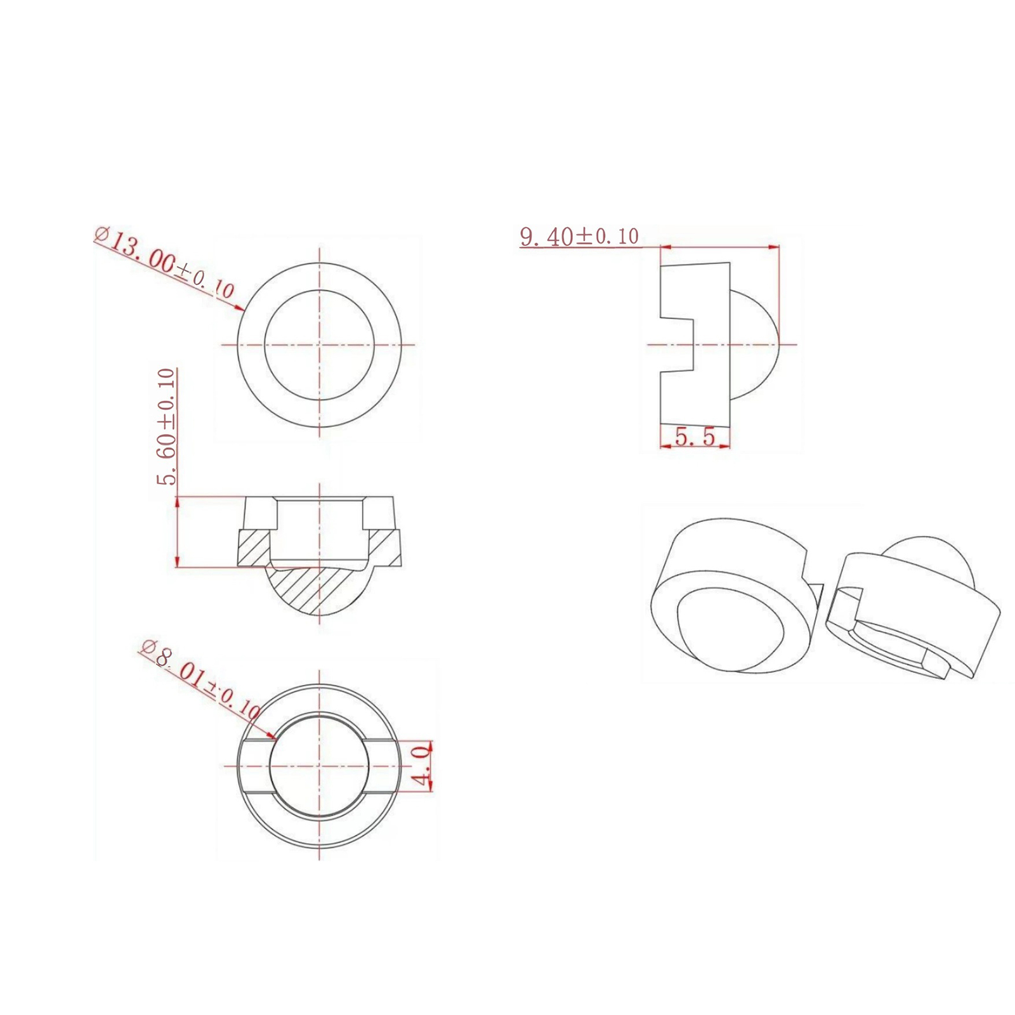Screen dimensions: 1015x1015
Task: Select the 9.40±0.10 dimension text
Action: click(x=579, y=237)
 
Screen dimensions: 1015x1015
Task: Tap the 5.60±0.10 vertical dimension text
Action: click(x=166, y=427)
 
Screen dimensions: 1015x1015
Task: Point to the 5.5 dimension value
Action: click(x=695, y=436)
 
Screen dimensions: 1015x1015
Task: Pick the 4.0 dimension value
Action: click(x=421, y=766)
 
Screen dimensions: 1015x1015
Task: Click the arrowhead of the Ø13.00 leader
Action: click(x=240, y=308)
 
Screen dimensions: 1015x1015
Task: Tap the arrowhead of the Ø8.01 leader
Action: click(x=271, y=735)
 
